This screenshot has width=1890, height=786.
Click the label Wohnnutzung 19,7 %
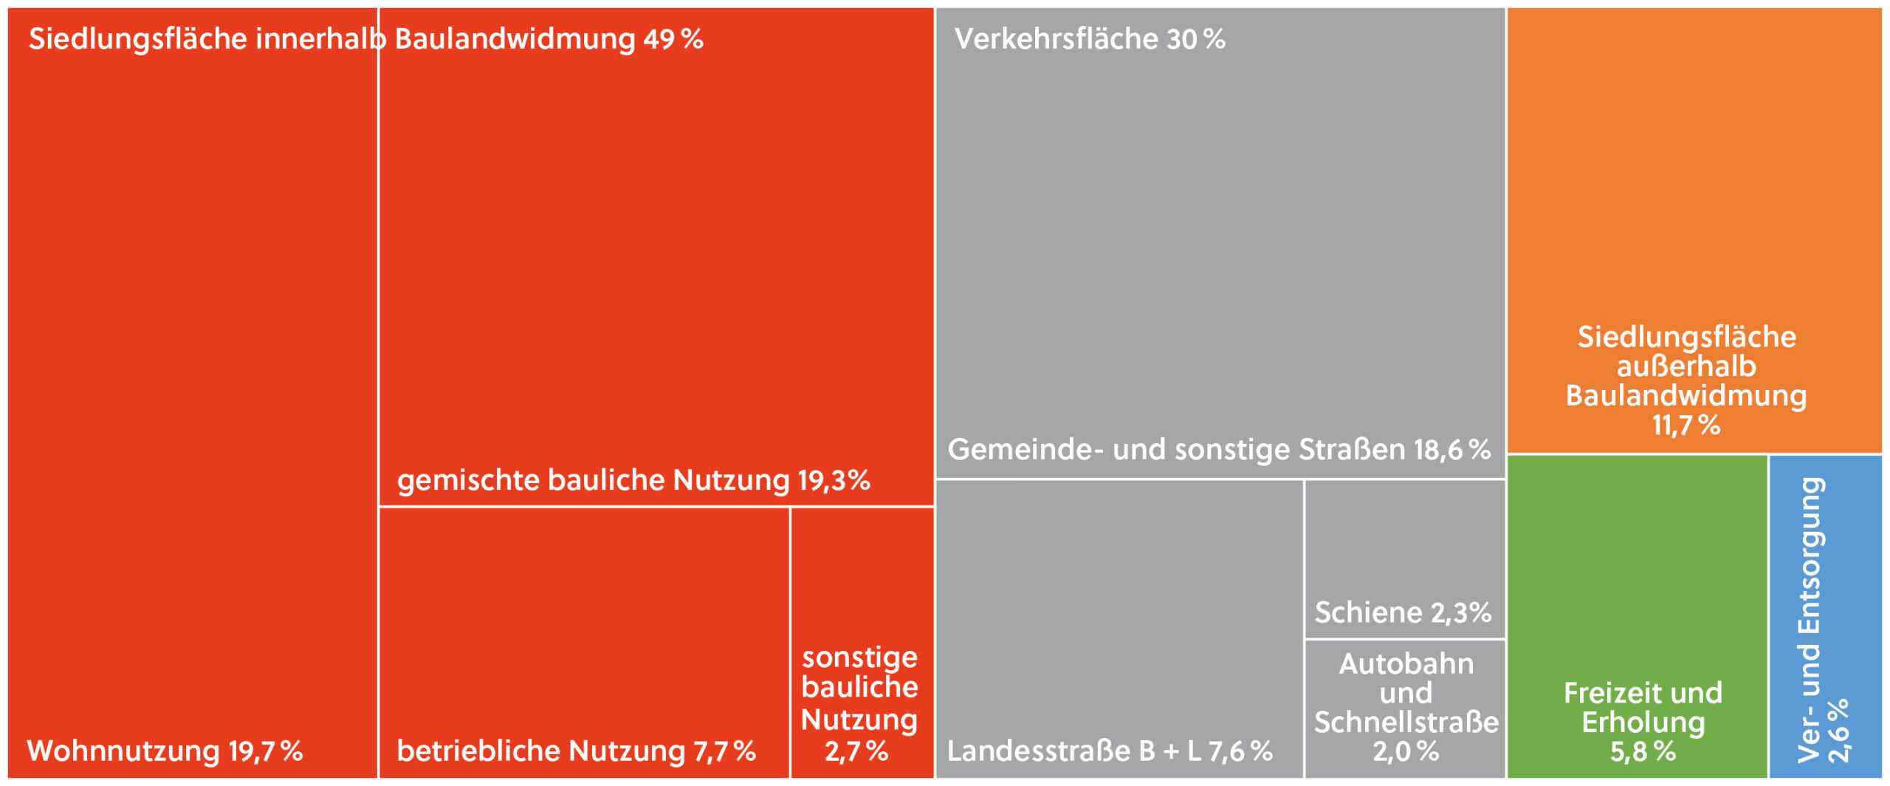click(165, 751)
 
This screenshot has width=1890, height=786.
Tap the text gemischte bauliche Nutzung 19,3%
click(633, 481)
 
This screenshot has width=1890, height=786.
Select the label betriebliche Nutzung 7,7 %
click(576, 751)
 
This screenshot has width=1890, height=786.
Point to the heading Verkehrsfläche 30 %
click(1090, 39)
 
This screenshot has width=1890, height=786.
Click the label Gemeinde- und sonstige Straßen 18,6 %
click(1219, 450)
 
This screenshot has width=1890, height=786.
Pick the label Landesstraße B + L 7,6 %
click(1110, 751)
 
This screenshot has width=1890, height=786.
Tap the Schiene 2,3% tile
click(1403, 561)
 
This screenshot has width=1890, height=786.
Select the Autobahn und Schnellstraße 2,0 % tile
click(1406, 708)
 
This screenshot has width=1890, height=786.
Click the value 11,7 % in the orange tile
click(1686, 426)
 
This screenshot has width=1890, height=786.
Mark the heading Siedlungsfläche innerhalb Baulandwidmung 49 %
click(365, 39)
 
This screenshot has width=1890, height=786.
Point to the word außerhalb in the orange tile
click(1686, 367)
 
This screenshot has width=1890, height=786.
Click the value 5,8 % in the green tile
click(1643, 752)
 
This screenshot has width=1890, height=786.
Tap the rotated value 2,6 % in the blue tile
click(1838, 730)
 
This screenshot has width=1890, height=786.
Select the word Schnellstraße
click(1406, 722)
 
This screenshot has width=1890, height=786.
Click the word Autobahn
click(1406, 664)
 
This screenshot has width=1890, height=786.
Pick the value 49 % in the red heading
click(673, 39)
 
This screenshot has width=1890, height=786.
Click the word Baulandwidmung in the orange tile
click(1686, 396)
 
